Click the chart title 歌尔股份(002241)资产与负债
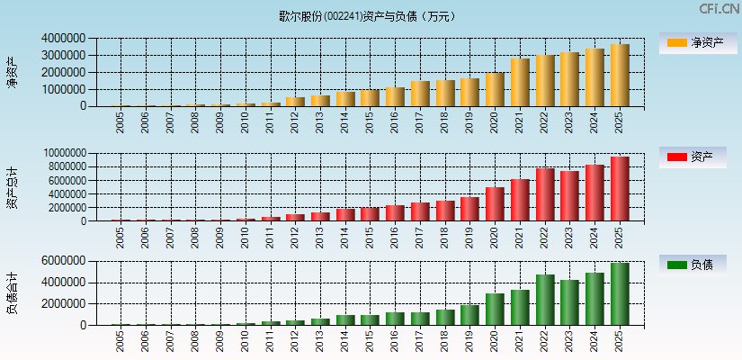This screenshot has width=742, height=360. tap(367, 15)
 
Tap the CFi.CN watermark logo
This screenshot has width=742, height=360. tap(719, 9)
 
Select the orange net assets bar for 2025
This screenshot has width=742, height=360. tap(620, 76)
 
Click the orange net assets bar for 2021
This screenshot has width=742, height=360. tap(520, 83)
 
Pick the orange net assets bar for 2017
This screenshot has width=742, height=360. tap(420, 94)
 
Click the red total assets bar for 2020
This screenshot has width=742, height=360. tap(495, 204)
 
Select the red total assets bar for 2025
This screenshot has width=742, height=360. tap(620, 189)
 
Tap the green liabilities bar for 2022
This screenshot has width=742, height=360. tap(545, 300)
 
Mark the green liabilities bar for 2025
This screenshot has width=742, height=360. tap(620, 294)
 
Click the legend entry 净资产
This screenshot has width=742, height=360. tap(698, 42)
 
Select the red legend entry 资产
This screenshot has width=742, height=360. tap(698, 157)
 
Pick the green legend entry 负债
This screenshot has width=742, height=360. tap(698, 265)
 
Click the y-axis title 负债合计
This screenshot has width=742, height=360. tap(12, 292)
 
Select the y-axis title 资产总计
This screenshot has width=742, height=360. tap(12, 187)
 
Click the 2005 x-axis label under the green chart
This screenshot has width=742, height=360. tap(121, 341)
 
